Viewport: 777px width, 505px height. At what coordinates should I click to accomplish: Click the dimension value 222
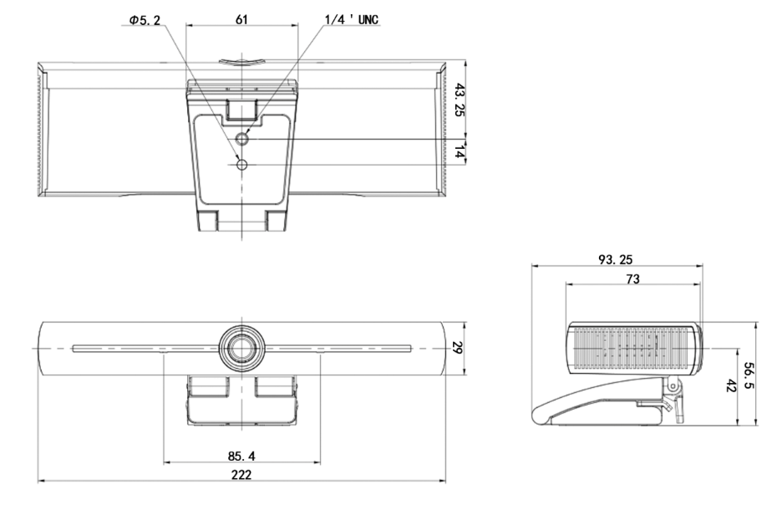click(241, 474)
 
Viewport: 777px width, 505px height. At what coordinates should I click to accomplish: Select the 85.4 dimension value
click(241, 456)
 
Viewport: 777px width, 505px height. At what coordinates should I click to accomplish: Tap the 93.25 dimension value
click(615, 259)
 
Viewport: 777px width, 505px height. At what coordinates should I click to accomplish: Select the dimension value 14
click(458, 151)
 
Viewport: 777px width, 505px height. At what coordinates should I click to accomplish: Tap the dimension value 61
click(241, 19)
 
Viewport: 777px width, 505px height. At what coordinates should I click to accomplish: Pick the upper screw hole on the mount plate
click(242, 140)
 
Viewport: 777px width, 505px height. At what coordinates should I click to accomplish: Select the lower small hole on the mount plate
click(242, 166)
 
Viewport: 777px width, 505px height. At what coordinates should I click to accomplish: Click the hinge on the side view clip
click(670, 385)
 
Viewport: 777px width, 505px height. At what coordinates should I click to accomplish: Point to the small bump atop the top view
click(242, 60)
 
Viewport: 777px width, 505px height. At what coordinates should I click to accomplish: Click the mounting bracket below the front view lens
click(242, 401)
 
